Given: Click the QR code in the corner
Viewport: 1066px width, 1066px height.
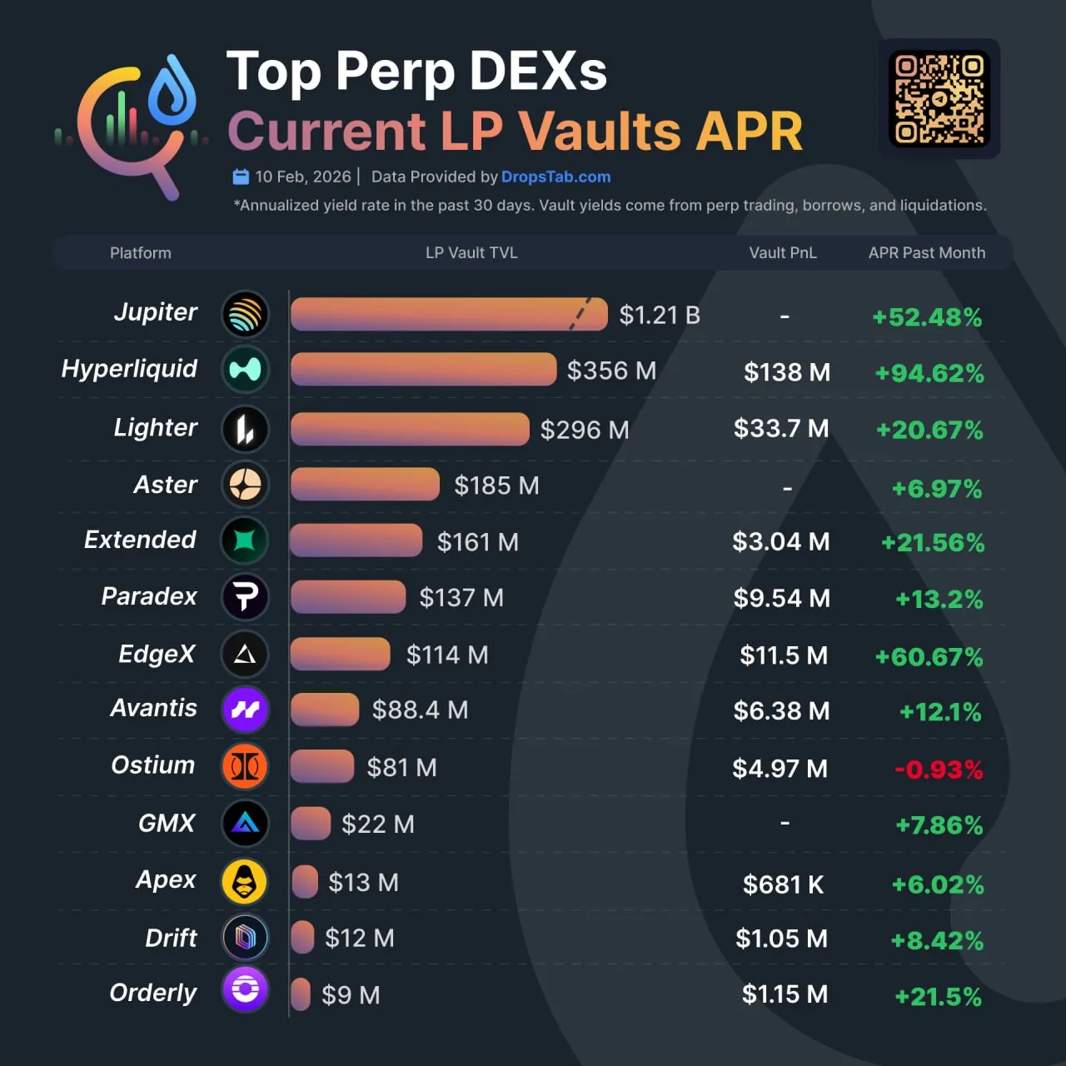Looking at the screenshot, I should point(939,99).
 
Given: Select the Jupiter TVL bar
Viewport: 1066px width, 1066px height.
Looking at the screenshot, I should point(448,315).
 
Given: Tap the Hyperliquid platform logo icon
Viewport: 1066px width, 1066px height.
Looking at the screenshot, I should point(245,370).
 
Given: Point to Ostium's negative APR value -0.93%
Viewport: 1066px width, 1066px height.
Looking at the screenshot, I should point(939,769).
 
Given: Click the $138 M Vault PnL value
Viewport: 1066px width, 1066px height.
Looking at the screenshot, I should point(786,372).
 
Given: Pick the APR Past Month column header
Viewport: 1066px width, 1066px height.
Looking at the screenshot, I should point(926,253).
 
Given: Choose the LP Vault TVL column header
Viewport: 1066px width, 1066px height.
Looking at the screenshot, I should point(471,253).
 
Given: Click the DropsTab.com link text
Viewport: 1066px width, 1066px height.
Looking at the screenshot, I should point(555,177).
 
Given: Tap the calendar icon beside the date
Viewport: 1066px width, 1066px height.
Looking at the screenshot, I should point(241,177).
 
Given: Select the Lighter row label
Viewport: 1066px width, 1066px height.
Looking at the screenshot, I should point(156,427).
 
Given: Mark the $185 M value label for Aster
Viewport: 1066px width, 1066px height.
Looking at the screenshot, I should point(496,486).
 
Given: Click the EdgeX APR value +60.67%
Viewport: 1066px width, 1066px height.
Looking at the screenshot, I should point(929,657).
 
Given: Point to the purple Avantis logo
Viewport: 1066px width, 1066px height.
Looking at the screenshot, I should point(245,710).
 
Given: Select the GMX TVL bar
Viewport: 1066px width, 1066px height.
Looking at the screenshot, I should point(311,824).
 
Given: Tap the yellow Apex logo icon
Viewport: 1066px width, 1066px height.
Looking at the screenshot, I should point(245,881).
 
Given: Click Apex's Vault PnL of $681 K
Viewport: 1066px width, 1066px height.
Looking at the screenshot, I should point(783,884).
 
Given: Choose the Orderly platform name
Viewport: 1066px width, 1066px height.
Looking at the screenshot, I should point(153,993).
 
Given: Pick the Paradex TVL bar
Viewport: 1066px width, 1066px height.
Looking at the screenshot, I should point(348,597).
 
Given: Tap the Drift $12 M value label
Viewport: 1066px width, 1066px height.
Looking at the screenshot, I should point(359,939).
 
